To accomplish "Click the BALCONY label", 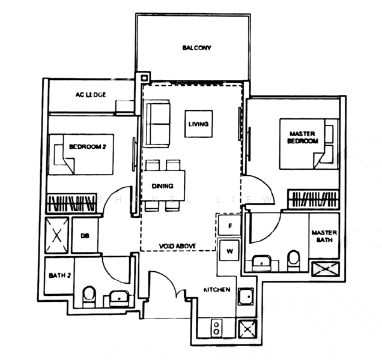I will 197,48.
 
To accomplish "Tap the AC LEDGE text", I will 91,95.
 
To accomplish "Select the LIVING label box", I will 198,124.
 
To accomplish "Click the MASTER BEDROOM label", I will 303,137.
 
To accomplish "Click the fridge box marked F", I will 229,226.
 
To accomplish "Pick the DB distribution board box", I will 84,235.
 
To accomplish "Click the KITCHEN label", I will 217,290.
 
